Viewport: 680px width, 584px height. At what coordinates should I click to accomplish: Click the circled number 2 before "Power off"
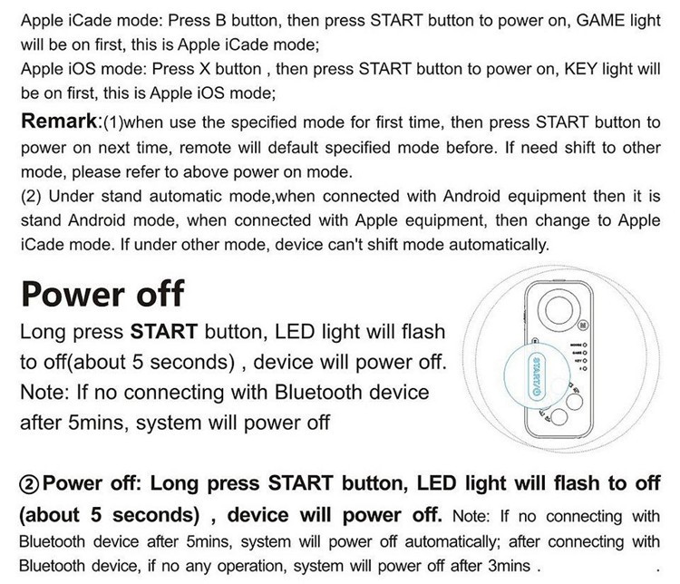click(28, 482)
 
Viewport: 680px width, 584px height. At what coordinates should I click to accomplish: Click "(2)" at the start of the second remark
click(29, 196)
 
